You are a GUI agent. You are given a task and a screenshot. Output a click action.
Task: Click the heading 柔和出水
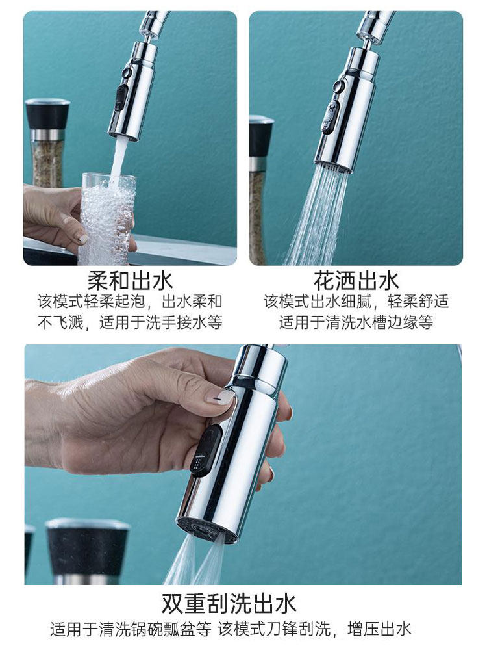(x=130, y=281)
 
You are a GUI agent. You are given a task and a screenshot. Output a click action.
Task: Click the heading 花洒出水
(x=356, y=281)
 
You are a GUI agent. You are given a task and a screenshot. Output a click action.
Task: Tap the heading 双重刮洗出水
(x=229, y=603)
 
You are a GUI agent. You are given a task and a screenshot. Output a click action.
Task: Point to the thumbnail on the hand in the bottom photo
(x=221, y=396)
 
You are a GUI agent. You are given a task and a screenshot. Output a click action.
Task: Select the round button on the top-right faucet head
(x=339, y=87)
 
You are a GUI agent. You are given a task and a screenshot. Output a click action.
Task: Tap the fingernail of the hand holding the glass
(x=82, y=239)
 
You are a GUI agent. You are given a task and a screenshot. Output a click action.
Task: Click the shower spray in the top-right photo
(x=317, y=216)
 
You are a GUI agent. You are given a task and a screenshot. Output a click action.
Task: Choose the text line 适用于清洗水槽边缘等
(x=356, y=322)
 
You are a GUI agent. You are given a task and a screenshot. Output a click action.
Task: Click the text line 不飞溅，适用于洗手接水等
(x=130, y=322)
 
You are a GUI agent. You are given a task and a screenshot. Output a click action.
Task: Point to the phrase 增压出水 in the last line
(x=379, y=629)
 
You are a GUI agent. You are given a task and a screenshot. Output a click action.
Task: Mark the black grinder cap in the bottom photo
(x=88, y=547)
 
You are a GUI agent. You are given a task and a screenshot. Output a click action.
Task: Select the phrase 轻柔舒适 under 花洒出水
(x=418, y=302)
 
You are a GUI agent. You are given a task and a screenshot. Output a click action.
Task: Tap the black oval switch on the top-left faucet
(x=120, y=98)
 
